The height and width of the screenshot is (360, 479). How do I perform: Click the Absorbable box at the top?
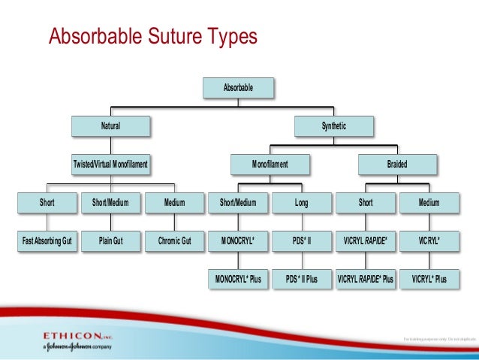[238, 87]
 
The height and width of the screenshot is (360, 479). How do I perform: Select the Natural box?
[111, 126]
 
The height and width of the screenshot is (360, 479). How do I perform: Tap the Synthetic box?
[334, 126]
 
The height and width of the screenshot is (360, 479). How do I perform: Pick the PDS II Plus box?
[302, 279]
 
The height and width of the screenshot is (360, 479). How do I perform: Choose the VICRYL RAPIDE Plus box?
[366, 279]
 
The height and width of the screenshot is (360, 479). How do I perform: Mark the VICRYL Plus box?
[429, 279]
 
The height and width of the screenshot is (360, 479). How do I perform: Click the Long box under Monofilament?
[302, 202]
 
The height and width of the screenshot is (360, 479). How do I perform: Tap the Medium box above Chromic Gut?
[175, 202]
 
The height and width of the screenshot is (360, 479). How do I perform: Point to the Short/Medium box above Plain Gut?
[110, 202]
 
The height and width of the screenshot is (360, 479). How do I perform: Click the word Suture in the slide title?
[171, 37]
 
